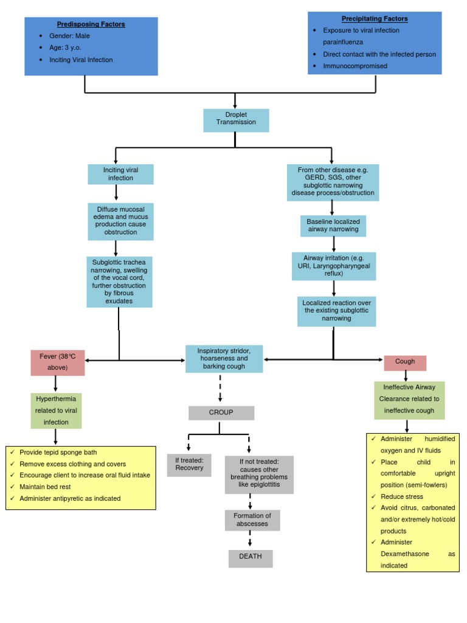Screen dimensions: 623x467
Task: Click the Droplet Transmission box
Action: coord(235,120)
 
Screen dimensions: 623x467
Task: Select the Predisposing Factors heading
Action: coord(91,24)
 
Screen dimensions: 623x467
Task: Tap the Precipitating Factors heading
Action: coord(375,19)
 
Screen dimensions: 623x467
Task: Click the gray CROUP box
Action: coord(221,412)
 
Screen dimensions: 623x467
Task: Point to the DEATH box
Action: coord(251,559)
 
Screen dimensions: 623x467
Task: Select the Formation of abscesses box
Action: coord(252,520)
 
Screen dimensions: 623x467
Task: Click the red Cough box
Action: coord(405,362)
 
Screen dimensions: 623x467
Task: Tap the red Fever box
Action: coord(58,362)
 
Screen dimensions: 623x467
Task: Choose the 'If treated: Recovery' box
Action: coord(189,464)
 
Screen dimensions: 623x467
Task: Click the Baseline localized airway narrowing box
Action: coord(333,226)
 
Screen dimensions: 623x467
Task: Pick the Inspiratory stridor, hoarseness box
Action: coord(224,359)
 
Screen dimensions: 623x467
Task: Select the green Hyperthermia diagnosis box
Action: coord(56,411)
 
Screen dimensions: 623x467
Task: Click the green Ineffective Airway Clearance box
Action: coord(409,399)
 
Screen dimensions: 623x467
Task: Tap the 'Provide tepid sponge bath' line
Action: coord(58,452)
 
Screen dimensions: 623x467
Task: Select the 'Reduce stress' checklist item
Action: coord(401,497)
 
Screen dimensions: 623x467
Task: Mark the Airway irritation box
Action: coord(333,266)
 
